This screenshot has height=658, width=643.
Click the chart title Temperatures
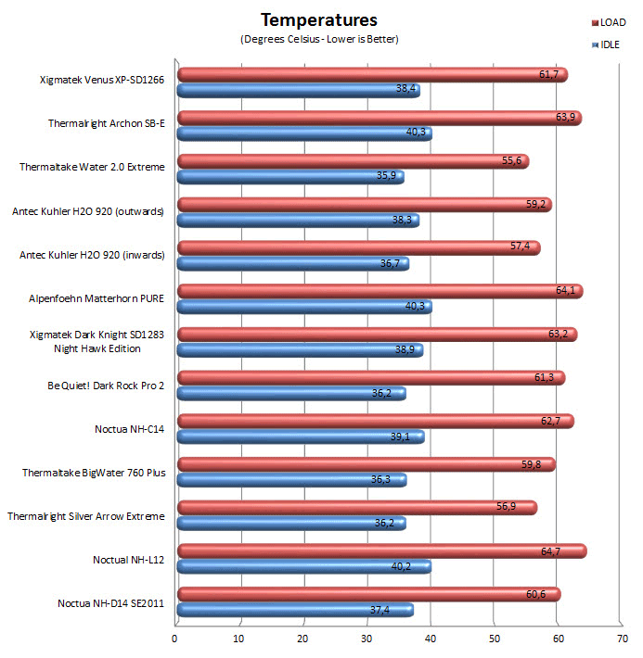319,19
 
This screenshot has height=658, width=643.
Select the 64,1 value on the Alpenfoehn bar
566,292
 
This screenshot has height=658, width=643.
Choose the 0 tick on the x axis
175,638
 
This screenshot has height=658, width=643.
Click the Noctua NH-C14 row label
129,429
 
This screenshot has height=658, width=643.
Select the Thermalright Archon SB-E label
107,123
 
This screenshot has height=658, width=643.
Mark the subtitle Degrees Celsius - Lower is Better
319,39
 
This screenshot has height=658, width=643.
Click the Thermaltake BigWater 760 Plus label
94,473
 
